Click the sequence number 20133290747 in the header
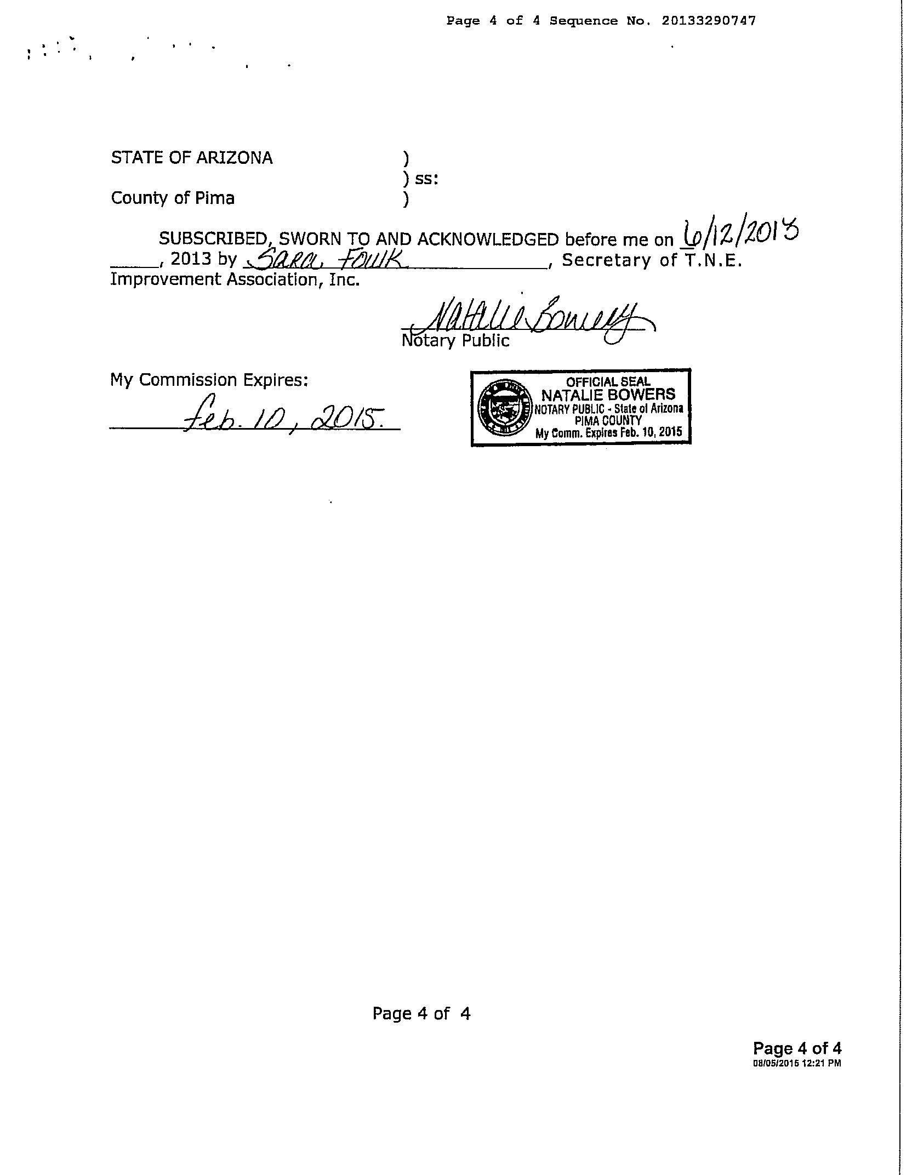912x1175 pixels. [x=708, y=21]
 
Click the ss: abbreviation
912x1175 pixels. [x=426, y=179]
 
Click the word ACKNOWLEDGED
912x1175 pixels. [x=488, y=239]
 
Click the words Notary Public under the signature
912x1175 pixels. [x=455, y=341]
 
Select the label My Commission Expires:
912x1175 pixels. [x=209, y=380]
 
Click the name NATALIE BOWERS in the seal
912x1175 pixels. [x=608, y=395]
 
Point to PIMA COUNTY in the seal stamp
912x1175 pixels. [x=608, y=420]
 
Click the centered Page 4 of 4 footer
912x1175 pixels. [x=421, y=1013]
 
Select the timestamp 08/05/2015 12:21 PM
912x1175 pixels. [x=796, y=1063]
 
